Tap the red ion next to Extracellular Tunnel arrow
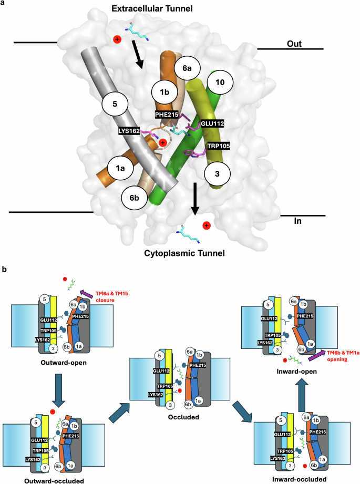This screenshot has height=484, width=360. pos(117,39)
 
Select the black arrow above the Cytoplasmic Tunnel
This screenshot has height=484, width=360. pos(194,199)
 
